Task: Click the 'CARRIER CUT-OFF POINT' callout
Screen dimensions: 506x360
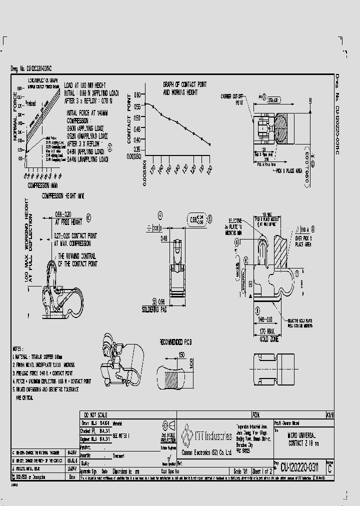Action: pos(231,98)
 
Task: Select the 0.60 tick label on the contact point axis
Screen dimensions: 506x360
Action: pos(136,93)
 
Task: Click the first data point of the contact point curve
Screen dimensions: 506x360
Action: pos(145,103)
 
